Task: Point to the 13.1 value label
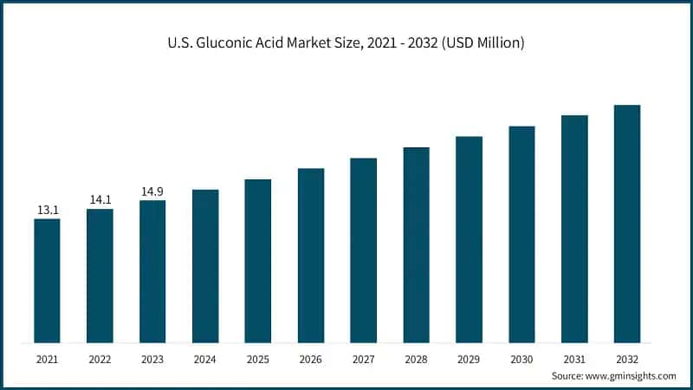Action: pyautogui.click(x=48, y=210)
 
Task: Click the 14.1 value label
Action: pyautogui.click(x=100, y=200)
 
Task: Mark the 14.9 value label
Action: pyautogui.click(x=152, y=192)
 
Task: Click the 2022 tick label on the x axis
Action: pyautogui.click(x=100, y=358)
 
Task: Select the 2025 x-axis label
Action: pyautogui.click(x=258, y=358)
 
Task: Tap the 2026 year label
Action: pyautogui.click(x=311, y=358)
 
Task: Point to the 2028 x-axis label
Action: pyautogui.click(x=417, y=358)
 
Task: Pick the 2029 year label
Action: pyautogui.click(x=470, y=358)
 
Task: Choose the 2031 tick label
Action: pyautogui.click(x=574, y=358)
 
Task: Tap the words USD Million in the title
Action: pyautogui.click(x=486, y=42)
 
